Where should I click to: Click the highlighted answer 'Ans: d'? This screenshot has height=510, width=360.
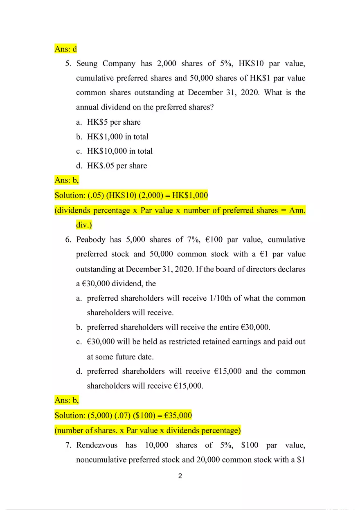click(65, 49)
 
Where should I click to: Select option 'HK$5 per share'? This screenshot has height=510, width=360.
click(114, 122)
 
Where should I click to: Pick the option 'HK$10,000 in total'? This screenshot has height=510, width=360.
click(120, 151)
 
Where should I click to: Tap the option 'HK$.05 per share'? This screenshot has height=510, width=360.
click(117, 166)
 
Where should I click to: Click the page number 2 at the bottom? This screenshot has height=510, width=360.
click(180, 476)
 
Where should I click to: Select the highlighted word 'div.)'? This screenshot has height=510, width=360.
click(84, 225)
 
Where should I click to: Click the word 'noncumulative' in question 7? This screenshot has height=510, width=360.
click(99, 460)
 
